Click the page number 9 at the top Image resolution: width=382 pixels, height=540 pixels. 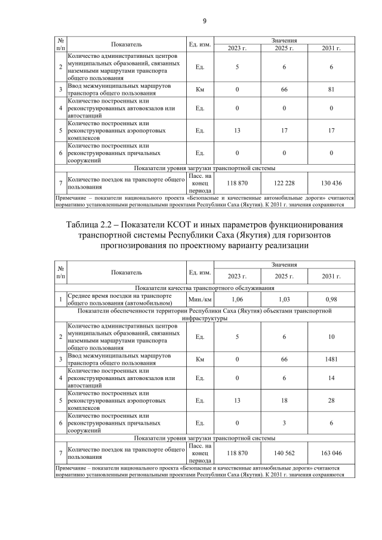tap(204, 21)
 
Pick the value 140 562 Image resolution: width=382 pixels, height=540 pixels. tap(284, 453)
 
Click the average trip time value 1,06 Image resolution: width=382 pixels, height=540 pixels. tap(237, 299)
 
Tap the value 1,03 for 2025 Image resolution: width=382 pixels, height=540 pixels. tap(284, 299)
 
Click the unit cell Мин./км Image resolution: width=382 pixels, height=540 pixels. tap(199, 299)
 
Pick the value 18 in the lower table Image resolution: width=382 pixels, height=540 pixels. tap(284, 400)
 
